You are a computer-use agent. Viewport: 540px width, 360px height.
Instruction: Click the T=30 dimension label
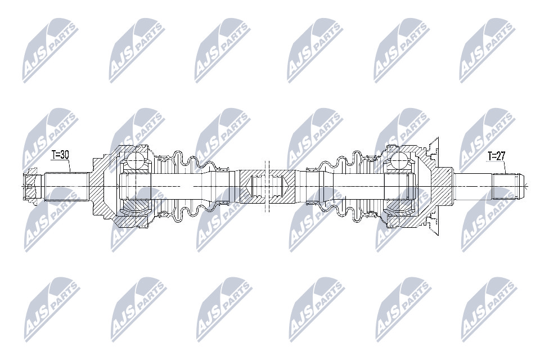(60, 155)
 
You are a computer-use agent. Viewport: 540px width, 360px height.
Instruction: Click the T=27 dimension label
(496, 156)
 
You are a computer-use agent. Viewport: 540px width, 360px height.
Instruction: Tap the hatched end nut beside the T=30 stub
(31, 186)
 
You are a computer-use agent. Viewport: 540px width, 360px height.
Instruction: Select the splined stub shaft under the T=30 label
(65, 186)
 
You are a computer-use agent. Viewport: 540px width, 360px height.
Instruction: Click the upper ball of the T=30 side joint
(137, 161)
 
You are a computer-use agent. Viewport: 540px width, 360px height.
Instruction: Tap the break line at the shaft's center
(267, 186)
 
